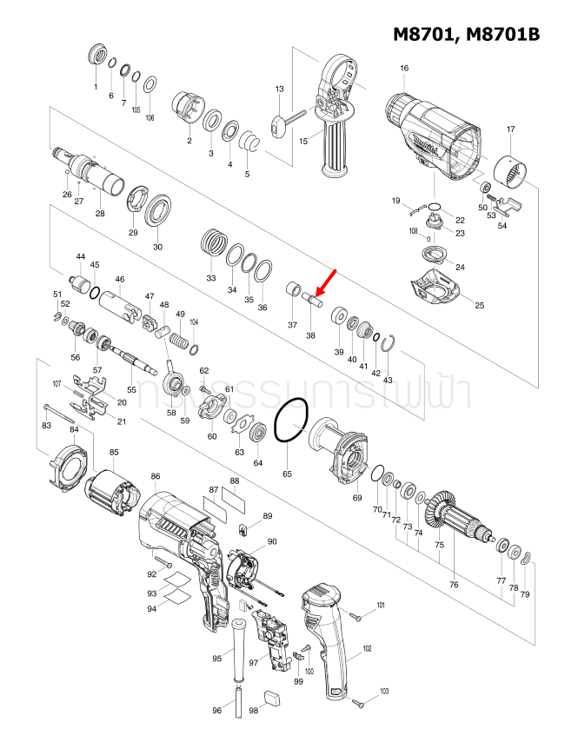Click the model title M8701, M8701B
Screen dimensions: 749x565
pos(466,34)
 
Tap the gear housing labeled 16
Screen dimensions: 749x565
pos(429,135)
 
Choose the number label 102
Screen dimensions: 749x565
pos(367,649)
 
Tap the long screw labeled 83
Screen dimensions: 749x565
pos(60,411)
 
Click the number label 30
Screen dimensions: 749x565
pos(157,247)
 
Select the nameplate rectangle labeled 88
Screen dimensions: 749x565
pos(235,500)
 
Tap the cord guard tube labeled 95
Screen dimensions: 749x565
pos(236,642)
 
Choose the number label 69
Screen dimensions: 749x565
pos(356,497)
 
